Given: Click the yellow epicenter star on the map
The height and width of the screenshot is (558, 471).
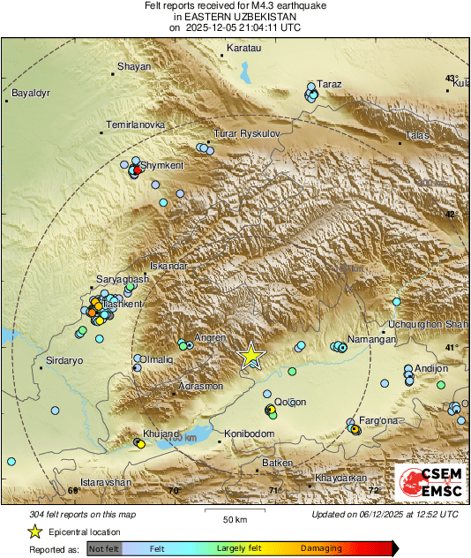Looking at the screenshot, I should (251, 355).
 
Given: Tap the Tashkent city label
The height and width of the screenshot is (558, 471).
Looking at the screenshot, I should (122, 304).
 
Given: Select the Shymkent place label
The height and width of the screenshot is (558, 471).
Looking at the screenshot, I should (163, 165).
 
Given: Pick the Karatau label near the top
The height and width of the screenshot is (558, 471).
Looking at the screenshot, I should (245, 46).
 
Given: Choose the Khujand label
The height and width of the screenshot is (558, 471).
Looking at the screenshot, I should (161, 434).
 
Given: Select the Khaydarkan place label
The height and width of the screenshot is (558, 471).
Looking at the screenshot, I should (340, 479).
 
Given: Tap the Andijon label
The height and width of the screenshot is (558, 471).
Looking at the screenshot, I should (430, 368).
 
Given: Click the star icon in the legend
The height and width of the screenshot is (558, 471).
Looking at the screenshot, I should (34, 532).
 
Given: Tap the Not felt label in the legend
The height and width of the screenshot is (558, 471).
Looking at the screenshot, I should (104, 549).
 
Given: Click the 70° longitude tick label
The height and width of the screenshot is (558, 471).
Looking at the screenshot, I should (174, 490).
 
